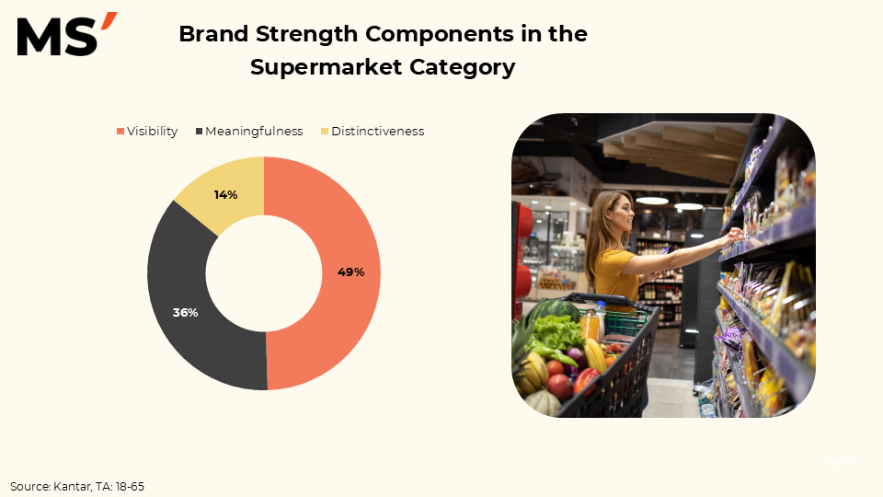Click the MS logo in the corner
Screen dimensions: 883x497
tap(67, 34)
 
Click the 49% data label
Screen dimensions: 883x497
tap(350, 272)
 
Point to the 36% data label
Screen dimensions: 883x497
tap(185, 313)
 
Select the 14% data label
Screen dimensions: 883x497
tap(226, 195)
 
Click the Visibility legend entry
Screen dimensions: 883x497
tap(147, 132)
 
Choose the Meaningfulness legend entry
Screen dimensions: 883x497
tap(249, 132)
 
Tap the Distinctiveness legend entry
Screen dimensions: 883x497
tap(373, 132)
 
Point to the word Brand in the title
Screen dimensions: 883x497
tap(213, 34)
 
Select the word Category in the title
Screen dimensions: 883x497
tap(463, 67)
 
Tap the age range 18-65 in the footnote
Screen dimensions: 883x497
tap(130, 486)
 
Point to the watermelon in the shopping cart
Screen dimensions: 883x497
tap(554, 312)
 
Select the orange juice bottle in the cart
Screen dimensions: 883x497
tap(589, 324)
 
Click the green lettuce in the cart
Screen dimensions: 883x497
tap(558, 332)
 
